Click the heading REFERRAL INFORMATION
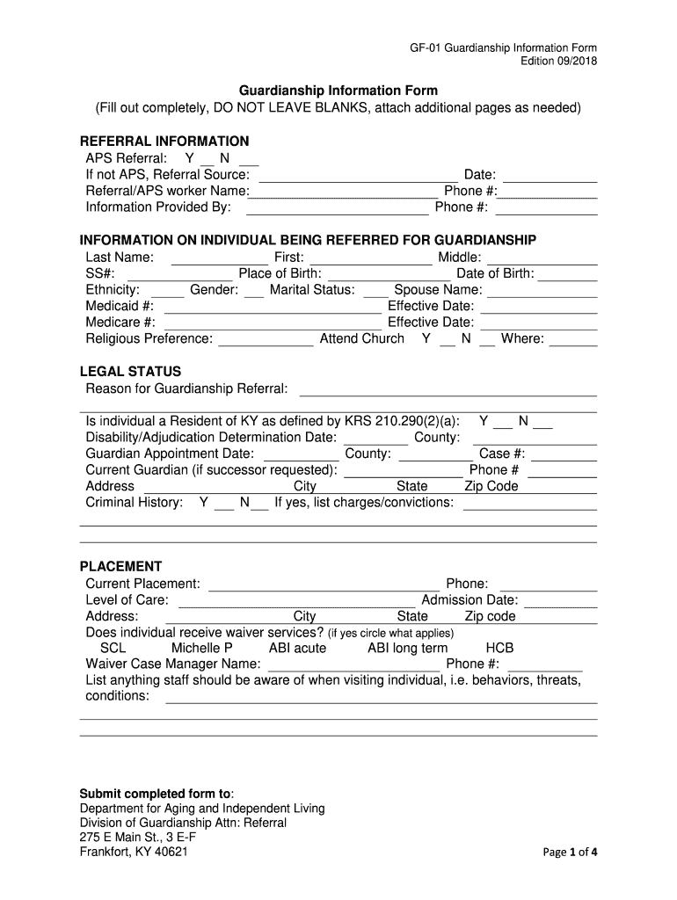164,142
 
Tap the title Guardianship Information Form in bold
339,91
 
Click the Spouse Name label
438,290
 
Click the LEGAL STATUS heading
130,372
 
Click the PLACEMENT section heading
121,567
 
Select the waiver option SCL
113,648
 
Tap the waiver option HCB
500,648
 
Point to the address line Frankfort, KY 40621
134,852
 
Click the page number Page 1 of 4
571,852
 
